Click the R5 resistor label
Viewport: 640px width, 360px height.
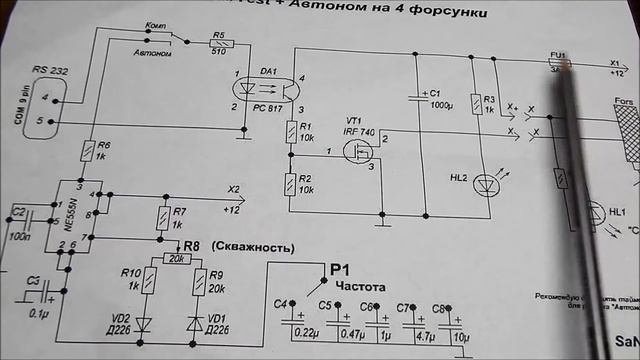[x=217, y=33]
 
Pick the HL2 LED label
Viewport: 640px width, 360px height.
[x=460, y=178]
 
